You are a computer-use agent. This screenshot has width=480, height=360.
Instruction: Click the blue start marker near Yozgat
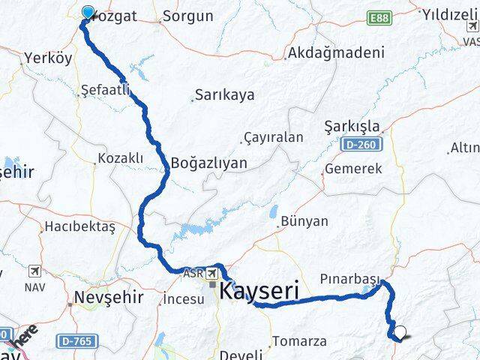88,13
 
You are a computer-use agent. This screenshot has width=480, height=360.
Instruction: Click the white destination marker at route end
399,334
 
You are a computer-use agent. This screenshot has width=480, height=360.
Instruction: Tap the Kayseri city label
259,290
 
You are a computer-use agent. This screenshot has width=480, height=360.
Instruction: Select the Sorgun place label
187,15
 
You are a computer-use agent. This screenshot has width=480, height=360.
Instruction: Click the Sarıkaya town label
224,95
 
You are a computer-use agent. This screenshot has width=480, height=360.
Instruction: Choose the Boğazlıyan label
209,162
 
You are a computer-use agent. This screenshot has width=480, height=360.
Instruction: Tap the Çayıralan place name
273,137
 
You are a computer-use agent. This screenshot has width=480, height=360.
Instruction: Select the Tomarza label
300,340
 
